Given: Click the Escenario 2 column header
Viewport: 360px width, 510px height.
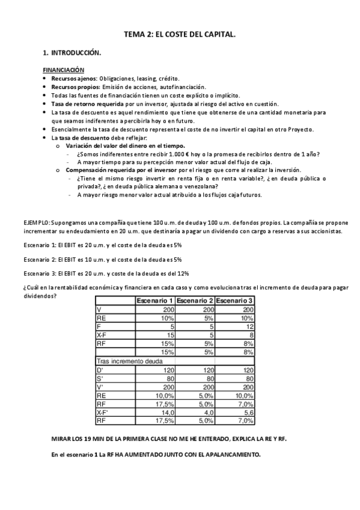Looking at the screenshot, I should tap(195, 301).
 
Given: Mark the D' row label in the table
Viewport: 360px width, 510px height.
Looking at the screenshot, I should tap(100, 370).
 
